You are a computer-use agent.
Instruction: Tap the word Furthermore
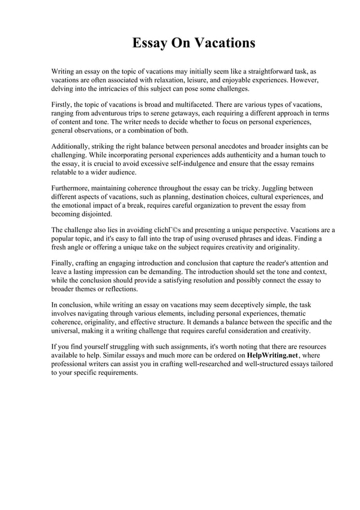click(72, 188)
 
